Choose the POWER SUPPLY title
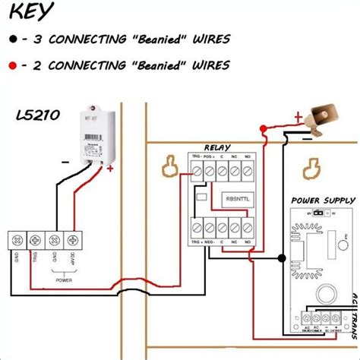[323, 201]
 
